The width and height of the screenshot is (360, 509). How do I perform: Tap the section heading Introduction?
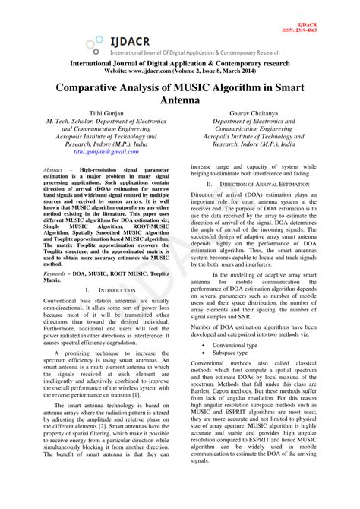(x=117, y=290)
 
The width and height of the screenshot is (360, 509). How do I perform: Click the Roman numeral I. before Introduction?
(x=87, y=290)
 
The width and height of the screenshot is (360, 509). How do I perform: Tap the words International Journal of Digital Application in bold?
(x=141, y=62)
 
